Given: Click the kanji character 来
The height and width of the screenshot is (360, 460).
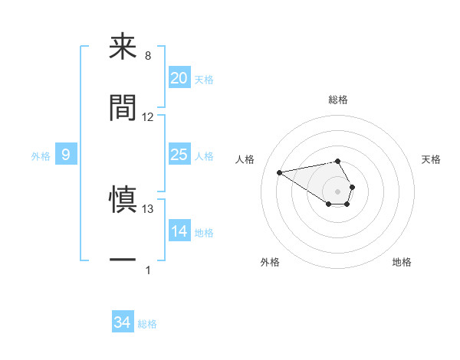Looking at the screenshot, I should [x=123, y=47].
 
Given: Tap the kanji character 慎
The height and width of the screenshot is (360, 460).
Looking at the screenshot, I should [x=123, y=199].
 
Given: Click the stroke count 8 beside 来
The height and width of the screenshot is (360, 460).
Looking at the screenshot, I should [x=148, y=56].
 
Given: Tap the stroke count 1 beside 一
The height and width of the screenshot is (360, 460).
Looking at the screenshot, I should [x=148, y=269].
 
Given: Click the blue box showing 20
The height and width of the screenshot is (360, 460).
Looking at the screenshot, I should [x=179, y=77].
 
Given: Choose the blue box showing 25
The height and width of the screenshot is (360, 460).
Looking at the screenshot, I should [x=179, y=155].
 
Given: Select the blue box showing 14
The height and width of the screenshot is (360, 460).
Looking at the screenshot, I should [x=179, y=231].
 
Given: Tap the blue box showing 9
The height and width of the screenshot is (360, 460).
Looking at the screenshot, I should [x=66, y=155].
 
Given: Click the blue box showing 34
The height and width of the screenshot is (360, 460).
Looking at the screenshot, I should [x=122, y=322].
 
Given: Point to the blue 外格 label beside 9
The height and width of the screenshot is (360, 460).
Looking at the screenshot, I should [x=41, y=155].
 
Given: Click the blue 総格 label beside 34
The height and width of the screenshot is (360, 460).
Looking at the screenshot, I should [x=147, y=324].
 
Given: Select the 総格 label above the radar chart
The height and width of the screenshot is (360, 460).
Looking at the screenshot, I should [x=337, y=100].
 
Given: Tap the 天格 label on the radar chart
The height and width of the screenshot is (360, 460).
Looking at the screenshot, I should [x=431, y=159].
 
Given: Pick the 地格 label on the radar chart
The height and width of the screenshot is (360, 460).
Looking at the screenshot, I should [x=402, y=262].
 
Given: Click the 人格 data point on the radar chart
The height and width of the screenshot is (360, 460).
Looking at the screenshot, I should [x=280, y=172].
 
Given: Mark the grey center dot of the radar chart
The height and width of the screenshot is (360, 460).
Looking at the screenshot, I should [x=337, y=190].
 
